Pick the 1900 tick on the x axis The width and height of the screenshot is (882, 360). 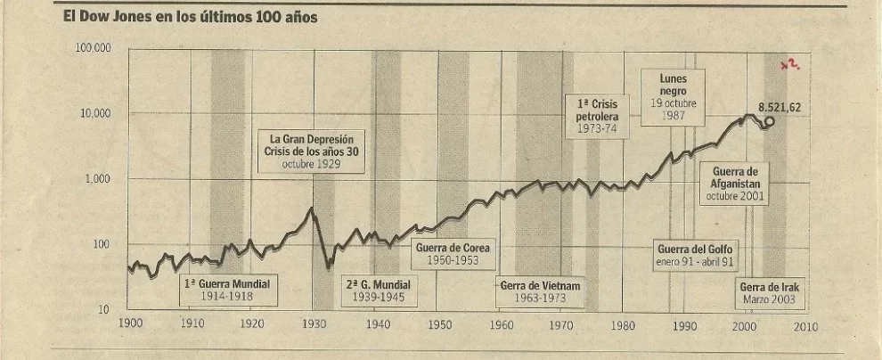(x=130, y=325)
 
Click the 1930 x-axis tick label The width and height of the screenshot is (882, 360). (x=314, y=325)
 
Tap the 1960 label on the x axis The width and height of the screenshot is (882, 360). (x=502, y=325)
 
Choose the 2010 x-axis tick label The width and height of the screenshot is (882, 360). (x=804, y=325)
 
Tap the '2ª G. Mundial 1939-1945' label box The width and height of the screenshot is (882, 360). (x=379, y=290)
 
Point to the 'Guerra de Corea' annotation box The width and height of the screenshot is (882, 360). (x=453, y=253)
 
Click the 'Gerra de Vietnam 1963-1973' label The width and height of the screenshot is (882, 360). (x=540, y=291)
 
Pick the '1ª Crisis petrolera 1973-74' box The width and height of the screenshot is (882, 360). (x=597, y=117)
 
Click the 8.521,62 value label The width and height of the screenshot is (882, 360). (x=779, y=108)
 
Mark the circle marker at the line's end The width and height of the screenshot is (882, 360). (x=770, y=122)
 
